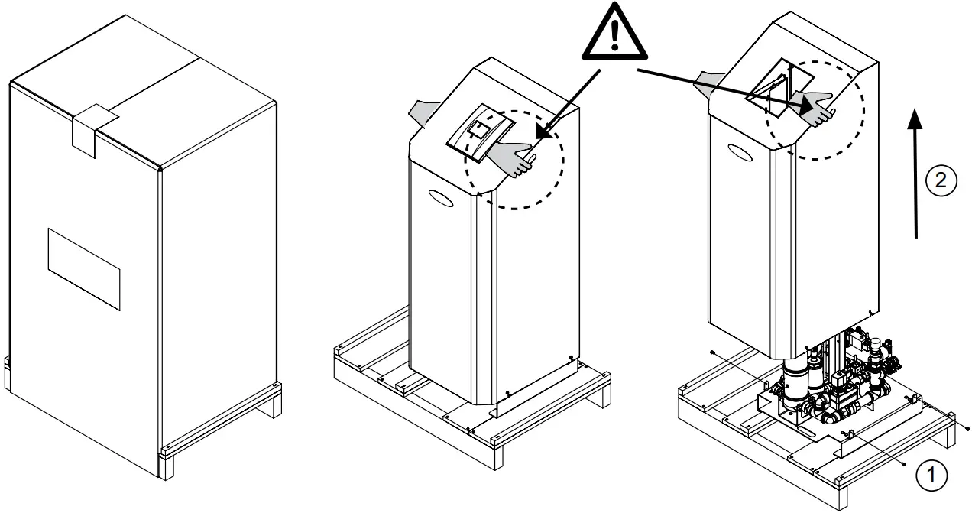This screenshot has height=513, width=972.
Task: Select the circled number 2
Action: point(940,180)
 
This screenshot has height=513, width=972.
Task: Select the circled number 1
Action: point(930,475)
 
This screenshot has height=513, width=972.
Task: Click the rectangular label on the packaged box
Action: point(84,268)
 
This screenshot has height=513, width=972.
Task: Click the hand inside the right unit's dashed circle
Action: point(814,105)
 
